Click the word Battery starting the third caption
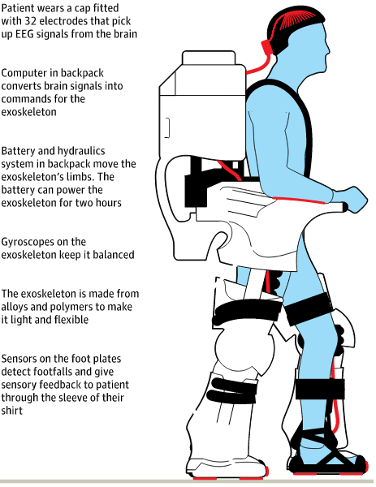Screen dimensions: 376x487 18,151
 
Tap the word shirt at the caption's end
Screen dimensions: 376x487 12,411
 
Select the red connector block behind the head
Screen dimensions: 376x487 266,47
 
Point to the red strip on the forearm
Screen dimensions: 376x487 299,200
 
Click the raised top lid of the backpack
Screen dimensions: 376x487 209,58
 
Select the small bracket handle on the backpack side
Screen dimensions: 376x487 167,127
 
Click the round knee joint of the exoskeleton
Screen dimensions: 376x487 244,346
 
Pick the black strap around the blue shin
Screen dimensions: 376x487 319,389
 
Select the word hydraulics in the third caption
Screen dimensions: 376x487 81,151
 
